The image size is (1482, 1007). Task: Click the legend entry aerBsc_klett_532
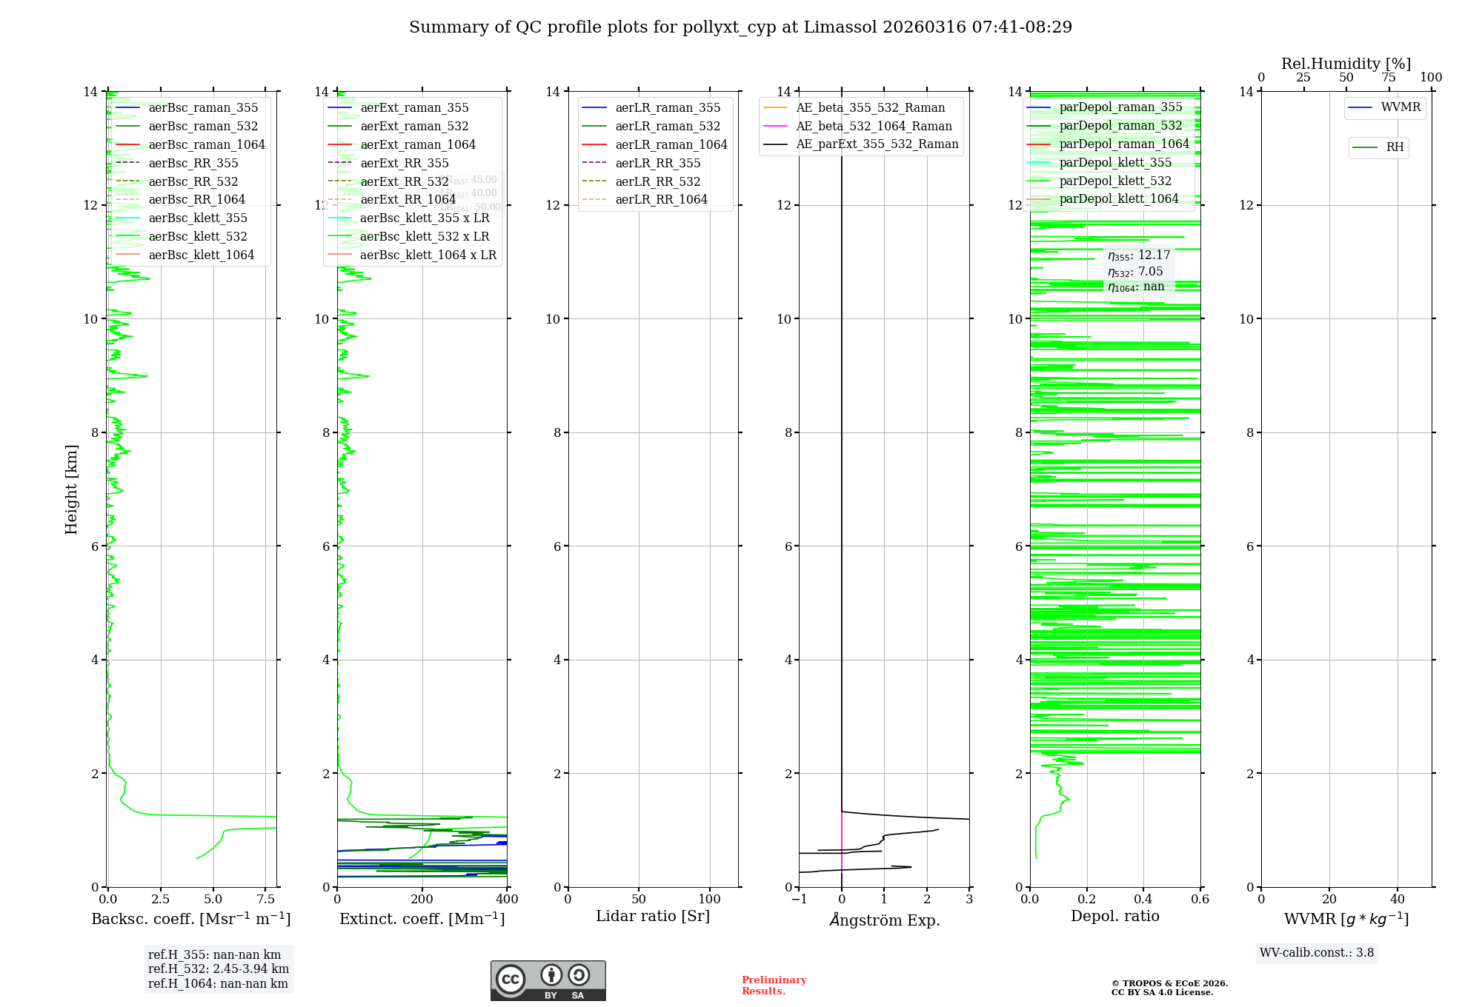198,236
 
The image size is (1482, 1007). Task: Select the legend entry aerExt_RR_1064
408,199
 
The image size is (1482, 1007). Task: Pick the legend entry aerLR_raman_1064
671,144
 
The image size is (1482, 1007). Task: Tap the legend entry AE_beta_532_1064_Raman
874,126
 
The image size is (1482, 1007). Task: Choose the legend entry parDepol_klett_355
1115,162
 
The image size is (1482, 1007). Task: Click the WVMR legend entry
1400,107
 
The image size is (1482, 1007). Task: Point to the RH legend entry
1395,147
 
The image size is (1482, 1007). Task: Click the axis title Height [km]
71,489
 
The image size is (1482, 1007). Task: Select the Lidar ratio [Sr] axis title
653,916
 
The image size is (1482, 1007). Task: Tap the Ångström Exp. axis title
884,920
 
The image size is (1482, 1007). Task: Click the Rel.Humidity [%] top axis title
1346,64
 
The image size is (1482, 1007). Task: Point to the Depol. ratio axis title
1114,916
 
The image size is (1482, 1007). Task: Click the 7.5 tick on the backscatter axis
266,900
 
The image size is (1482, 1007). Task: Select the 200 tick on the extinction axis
422,900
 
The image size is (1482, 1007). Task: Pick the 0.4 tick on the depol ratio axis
1143,900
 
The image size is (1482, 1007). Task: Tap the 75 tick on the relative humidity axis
1389,78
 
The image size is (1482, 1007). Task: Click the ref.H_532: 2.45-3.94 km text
219,968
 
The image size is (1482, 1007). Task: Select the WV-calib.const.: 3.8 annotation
1317,953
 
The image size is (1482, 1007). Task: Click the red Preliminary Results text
774,986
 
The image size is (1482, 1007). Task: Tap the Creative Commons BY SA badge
548,980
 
